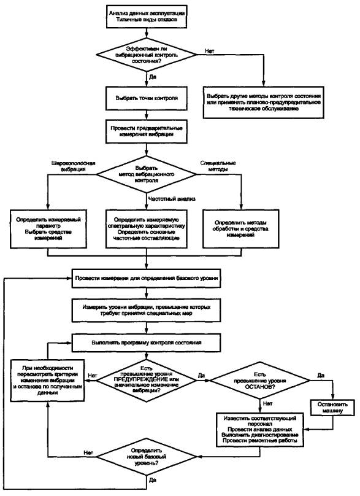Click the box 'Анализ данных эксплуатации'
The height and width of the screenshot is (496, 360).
click(x=147, y=17)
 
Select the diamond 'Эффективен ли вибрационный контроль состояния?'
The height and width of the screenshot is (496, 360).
click(x=147, y=55)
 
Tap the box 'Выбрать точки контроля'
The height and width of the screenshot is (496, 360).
click(x=147, y=98)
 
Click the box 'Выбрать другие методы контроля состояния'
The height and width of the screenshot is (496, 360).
click(x=264, y=102)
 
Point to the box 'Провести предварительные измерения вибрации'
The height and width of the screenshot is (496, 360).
click(x=147, y=131)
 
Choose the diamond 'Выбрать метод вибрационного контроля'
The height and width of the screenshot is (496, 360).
click(x=147, y=174)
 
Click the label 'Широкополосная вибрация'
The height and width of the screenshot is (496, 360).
click(x=73, y=166)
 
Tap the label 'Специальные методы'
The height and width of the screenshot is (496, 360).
click(x=218, y=166)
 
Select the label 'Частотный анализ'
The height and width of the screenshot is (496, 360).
click(x=172, y=199)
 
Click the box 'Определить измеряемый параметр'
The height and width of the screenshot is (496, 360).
click(x=48, y=229)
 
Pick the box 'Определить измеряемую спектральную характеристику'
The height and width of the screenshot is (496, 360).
click(x=147, y=229)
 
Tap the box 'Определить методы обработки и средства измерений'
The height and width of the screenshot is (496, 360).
click(x=240, y=229)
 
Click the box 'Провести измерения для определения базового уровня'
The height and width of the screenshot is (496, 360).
click(x=147, y=278)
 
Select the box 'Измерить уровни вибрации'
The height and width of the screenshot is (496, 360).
click(x=147, y=311)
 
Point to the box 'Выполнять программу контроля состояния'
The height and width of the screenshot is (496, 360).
click(x=147, y=343)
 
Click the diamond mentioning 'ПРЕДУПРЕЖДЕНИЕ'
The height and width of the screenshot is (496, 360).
click(x=147, y=381)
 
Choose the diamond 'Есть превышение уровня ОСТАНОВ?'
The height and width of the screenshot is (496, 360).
click(x=260, y=381)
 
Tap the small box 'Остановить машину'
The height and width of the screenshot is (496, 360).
click(x=332, y=408)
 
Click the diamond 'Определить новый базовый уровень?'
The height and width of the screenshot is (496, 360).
click(x=147, y=457)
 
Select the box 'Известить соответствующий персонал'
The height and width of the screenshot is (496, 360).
click(x=260, y=430)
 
